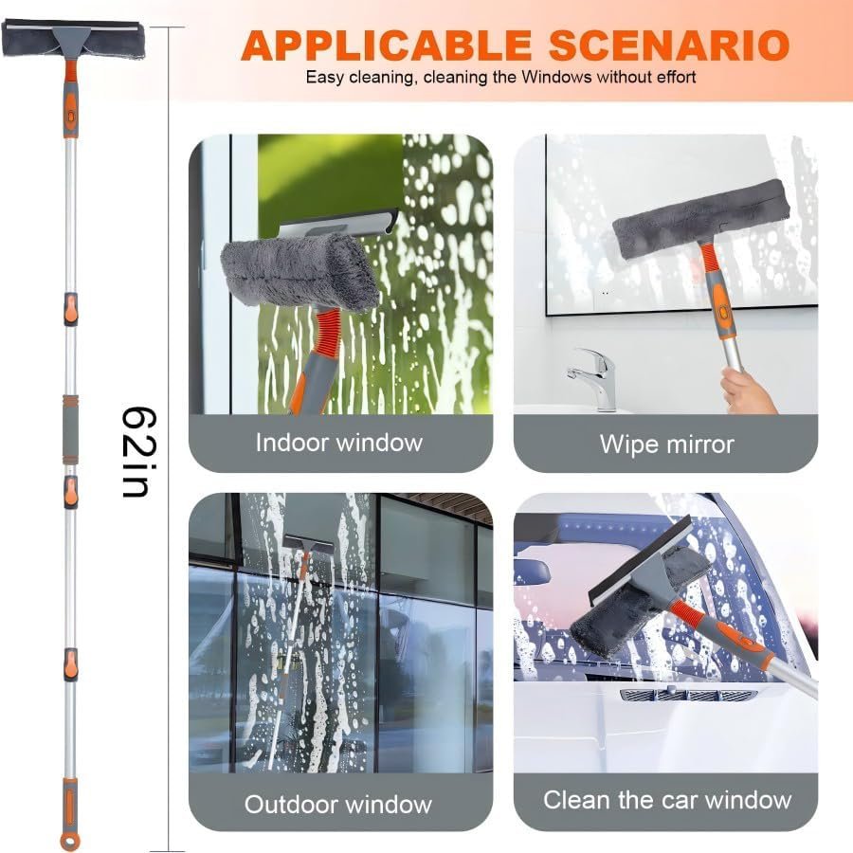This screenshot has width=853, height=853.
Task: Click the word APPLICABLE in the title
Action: tap(387, 45)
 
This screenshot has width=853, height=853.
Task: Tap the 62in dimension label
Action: tap(139, 452)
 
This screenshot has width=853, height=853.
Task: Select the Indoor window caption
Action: tap(339, 442)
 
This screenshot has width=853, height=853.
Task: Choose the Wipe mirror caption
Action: tap(666, 443)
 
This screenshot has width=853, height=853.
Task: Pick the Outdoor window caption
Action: tap(338, 805)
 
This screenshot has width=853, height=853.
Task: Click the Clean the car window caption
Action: tap(666, 800)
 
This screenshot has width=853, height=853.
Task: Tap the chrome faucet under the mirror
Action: tap(593, 374)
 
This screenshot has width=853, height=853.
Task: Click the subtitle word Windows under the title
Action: tap(559, 77)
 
